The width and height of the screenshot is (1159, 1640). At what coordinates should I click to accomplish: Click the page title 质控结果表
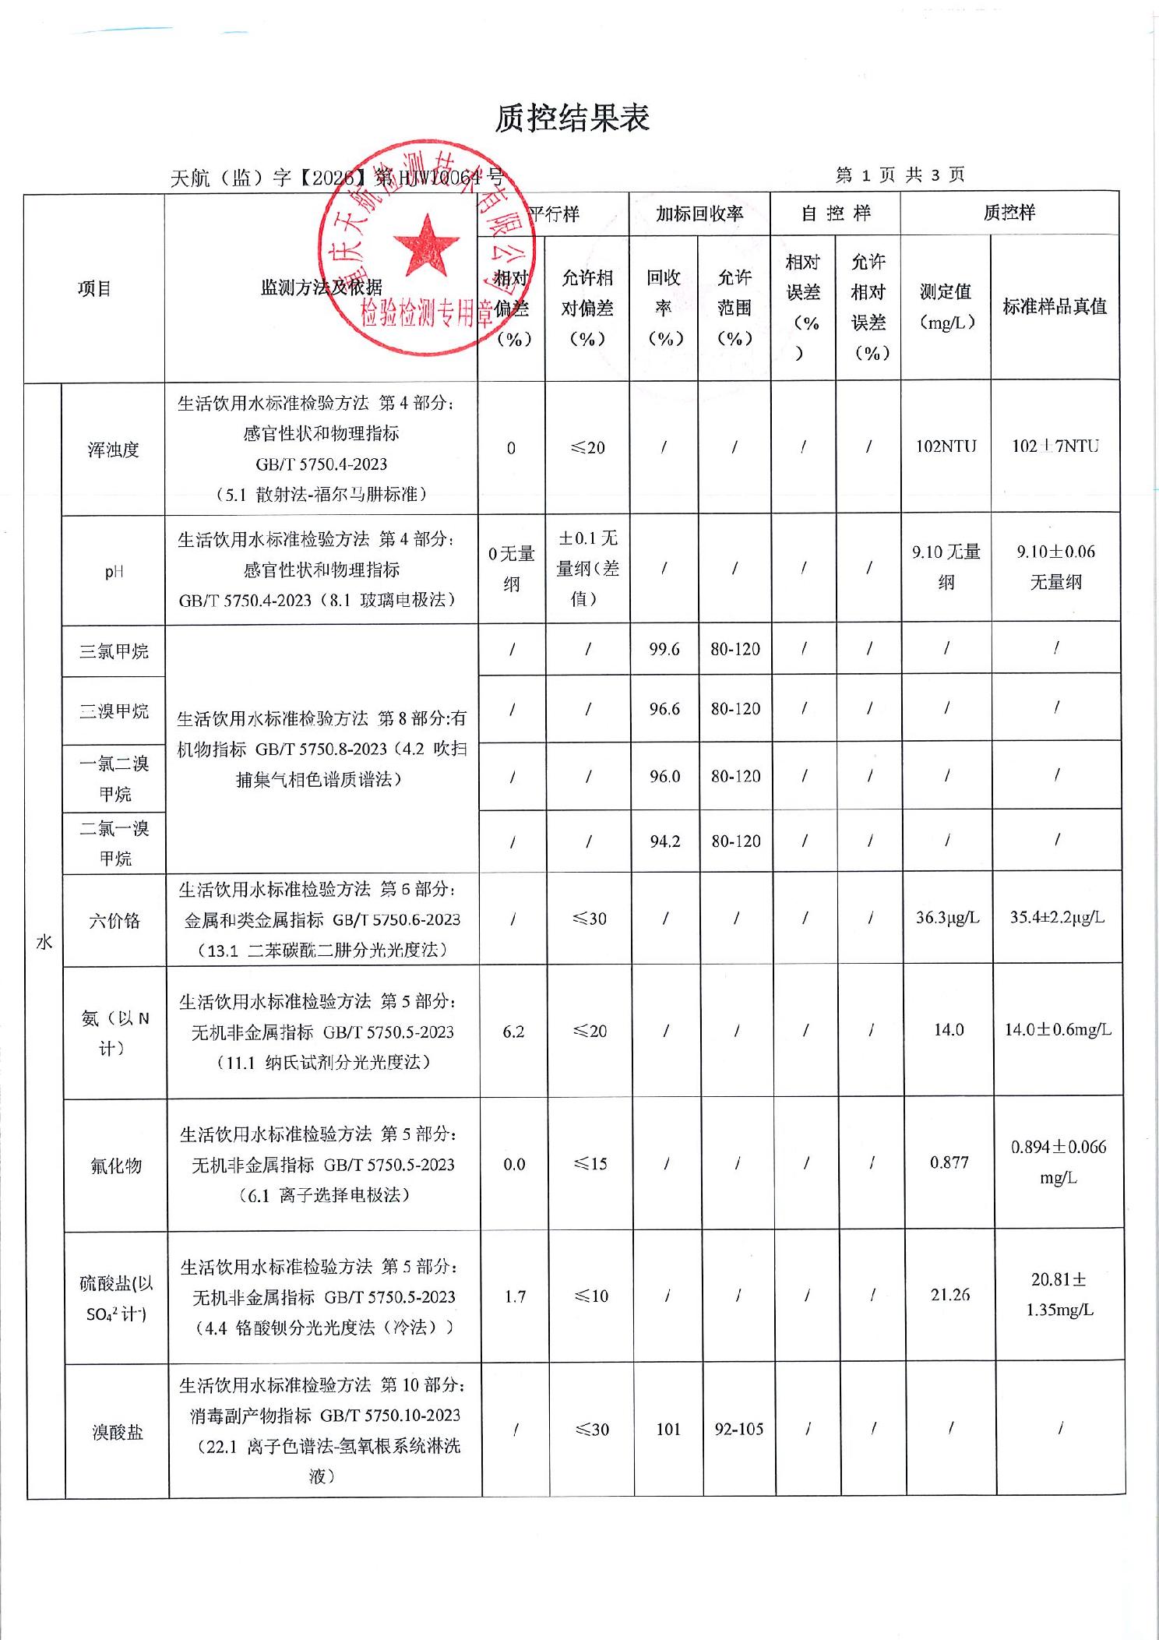click(572, 118)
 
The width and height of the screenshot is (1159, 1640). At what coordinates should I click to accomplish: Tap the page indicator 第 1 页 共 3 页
click(900, 175)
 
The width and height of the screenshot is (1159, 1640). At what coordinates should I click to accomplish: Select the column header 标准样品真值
click(1055, 307)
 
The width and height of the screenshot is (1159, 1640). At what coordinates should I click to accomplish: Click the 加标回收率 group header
click(699, 213)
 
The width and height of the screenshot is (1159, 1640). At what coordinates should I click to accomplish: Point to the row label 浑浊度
click(113, 450)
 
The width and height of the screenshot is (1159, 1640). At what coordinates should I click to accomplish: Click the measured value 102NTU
click(946, 446)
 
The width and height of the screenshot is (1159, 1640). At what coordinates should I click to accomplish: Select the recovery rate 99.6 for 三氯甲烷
click(664, 649)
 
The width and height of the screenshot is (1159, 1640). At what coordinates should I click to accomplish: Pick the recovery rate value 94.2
click(665, 841)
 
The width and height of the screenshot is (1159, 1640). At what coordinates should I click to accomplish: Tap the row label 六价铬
click(114, 921)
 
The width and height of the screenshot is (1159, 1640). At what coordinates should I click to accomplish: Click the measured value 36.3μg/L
click(947, 918)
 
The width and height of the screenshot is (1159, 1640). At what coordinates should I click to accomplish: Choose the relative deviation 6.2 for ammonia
click(513, 1032)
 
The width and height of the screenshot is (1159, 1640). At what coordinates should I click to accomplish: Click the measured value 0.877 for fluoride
click(949, 1162)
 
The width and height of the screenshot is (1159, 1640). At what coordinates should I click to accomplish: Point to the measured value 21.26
click(950, 1295)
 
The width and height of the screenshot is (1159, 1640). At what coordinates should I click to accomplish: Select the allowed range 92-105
click(739, 1430)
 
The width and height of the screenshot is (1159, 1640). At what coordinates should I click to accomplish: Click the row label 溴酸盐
click(118, 1432)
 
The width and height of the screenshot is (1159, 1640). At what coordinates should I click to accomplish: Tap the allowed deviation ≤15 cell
click(590, 1164)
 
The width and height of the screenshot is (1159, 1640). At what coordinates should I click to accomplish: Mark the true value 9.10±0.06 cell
click(1055, 566)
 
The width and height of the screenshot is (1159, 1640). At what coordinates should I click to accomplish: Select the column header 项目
click(94, 289)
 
